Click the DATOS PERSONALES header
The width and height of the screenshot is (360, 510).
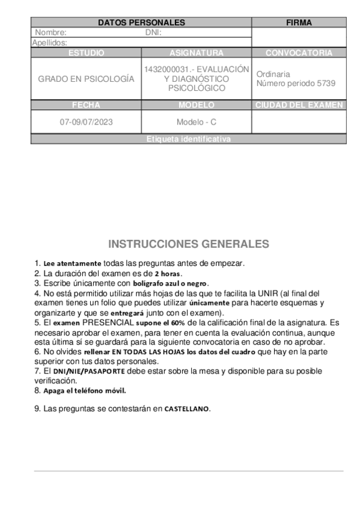(141, 23)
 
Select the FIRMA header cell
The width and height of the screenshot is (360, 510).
(299, 23)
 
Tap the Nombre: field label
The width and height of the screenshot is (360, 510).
(51, 32)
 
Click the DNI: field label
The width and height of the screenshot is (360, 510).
(154, 32)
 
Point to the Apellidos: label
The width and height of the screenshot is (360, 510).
(49, 43)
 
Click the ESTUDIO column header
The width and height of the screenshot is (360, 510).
(86, 53)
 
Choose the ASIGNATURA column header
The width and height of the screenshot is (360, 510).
(197, 53)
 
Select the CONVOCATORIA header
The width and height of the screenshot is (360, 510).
(299, 53)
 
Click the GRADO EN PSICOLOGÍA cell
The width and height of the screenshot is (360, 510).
(86, 79)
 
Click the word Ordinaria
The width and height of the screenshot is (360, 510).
(273, 74)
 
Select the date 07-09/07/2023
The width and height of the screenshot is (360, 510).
(86, 122)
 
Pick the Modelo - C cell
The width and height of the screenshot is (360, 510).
(197, 122)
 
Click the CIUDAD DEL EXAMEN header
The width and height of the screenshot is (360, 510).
(299, 105)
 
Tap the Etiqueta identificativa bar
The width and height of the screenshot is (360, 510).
(188, 140)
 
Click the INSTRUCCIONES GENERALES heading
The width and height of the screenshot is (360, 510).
(189, 244)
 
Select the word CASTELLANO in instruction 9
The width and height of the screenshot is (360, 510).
(187, 409)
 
